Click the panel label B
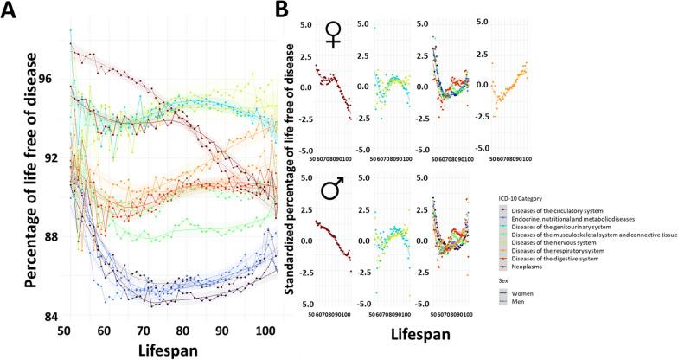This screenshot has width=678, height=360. (282, 13)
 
